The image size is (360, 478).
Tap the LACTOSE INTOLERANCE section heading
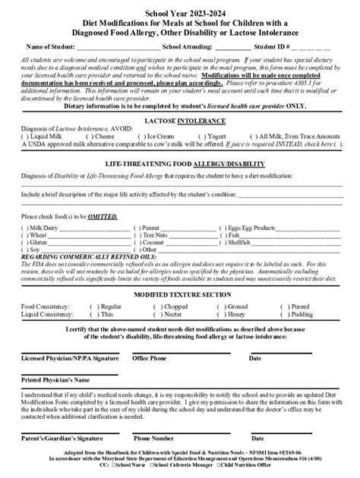pyautogui.click(x=179, y=120)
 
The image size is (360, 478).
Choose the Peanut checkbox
pyautogui.click(x=137, y=227)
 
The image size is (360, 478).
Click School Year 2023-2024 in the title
pyautogui.click(x=179, y=14)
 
